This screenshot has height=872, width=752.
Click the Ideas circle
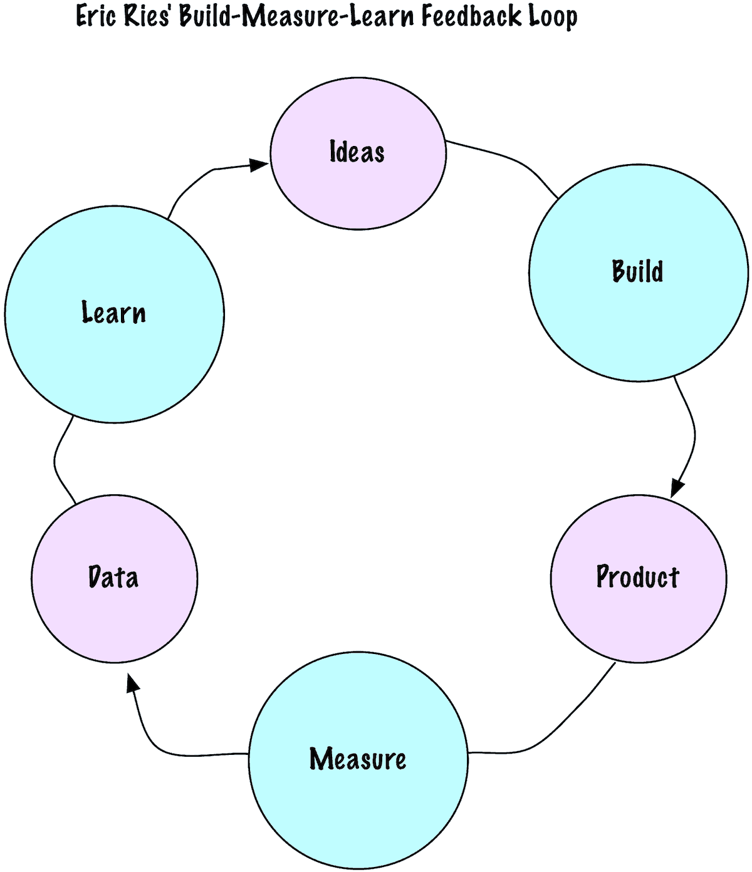358,182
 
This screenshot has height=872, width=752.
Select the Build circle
638,313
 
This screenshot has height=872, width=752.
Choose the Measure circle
358,802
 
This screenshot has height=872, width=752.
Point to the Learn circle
114,357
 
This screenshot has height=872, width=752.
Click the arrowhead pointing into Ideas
258,165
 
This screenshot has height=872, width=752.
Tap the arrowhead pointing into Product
677,487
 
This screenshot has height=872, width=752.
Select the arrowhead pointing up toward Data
132,684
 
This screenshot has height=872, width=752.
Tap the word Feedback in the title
471,16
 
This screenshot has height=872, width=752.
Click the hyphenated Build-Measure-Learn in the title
297,16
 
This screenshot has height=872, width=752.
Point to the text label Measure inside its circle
358,759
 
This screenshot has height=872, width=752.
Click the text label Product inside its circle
637,577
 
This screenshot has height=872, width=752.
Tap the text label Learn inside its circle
113,313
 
